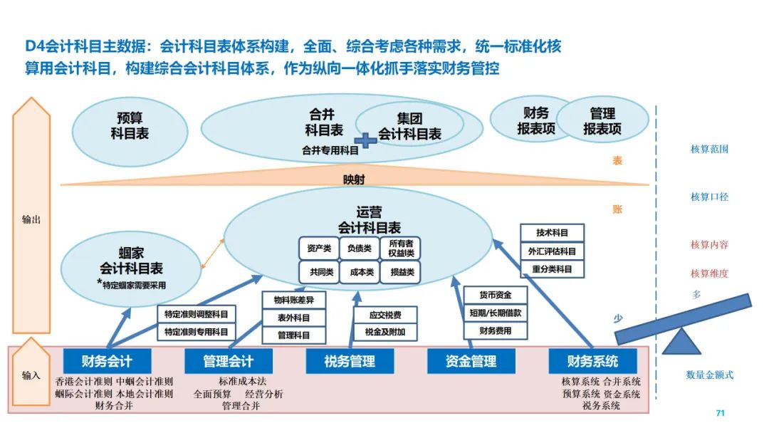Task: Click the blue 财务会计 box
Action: click(107, 361)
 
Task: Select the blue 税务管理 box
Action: click(350, 361)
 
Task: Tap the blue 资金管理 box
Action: click(471, 361)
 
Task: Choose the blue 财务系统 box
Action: click(592, 361)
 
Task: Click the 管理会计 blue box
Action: click(228, 361)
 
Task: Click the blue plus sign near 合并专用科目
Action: click(365, 140)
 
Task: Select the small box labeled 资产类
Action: click(318, 249)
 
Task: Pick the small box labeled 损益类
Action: click(400, 272)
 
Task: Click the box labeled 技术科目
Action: click(552, 233)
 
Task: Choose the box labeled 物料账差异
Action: click(294, 300)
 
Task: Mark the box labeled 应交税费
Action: click(384, 315)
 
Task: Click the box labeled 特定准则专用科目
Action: click(196, 332)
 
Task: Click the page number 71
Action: click(719, 413)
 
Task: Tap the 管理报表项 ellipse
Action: click(602, 122)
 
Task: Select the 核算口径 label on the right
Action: click(709, 197)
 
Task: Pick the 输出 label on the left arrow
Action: click(31, 219)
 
